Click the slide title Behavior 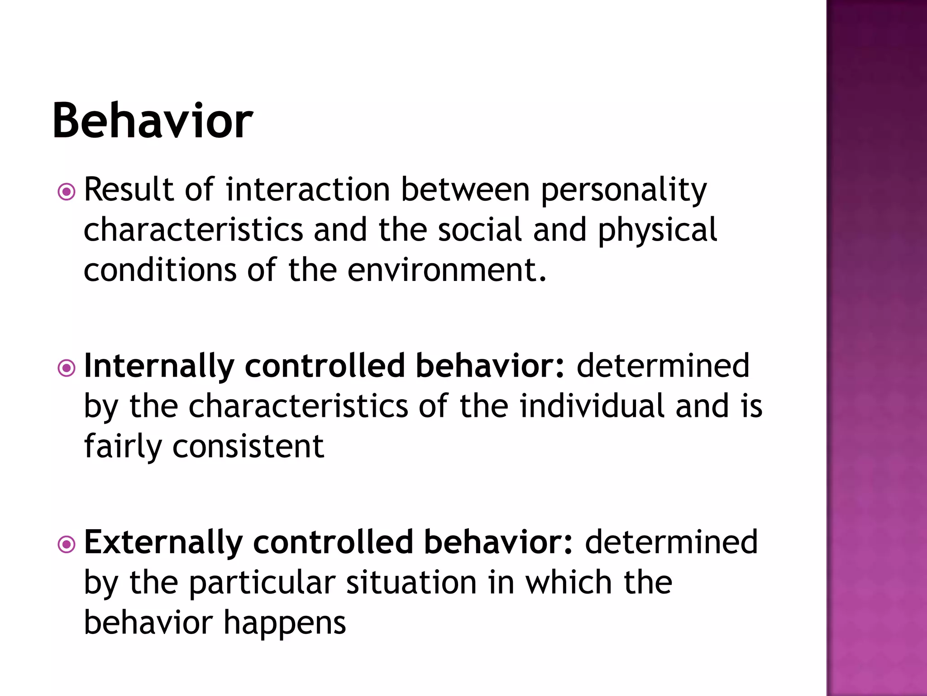coord(153,121)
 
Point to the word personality coord(624,190)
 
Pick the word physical coord(658,230)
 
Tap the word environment coord(447,270)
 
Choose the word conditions coord(160,270)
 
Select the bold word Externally coord(163,542)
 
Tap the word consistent coord(248,446)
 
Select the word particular coord(262,583)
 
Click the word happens coord(285,623)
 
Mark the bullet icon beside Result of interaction coord(67,192)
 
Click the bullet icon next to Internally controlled coord(67,368)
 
